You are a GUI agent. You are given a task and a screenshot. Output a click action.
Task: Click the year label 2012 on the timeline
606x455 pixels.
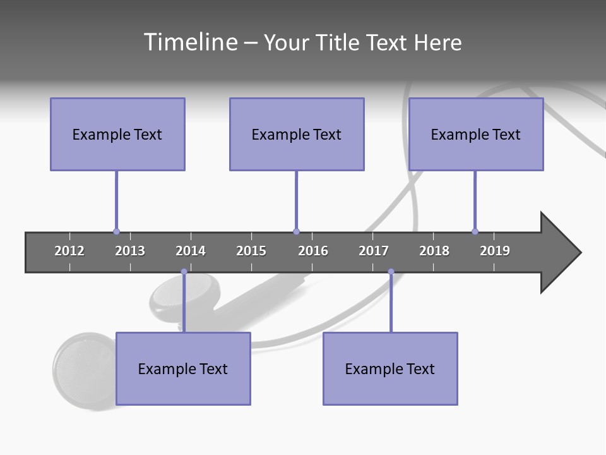pos(69,251)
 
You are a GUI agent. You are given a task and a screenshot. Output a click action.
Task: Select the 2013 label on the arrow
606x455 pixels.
pos(130,251)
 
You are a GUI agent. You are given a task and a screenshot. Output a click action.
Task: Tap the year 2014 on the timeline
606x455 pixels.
pos(191,251)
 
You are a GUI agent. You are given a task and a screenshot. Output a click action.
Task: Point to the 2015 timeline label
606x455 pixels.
pos(251,251)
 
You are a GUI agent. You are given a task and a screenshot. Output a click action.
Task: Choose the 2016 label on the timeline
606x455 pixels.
pos(313,251)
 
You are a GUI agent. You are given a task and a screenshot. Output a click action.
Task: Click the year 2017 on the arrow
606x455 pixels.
pos(374,251)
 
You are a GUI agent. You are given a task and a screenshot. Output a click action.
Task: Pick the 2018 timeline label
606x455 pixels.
pos(434,251)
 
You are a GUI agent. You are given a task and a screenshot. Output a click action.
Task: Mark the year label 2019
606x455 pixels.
pos(495,251)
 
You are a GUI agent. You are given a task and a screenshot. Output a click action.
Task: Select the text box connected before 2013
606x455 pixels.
pos(117,134)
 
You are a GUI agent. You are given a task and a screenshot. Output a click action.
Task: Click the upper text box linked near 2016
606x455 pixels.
pos(297,134)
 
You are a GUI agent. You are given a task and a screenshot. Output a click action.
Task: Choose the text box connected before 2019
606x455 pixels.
pos(476,134)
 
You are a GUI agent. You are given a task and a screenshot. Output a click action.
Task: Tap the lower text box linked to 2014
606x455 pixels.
pos(183,368)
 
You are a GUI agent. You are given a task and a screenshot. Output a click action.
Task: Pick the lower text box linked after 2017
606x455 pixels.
pos(390,368)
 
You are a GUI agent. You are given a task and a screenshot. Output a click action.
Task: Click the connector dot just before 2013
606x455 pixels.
pos(116,231)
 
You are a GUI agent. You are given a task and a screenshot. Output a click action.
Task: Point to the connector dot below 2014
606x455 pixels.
pos(184,272)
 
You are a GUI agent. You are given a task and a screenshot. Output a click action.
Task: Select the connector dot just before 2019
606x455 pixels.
pos(475,231)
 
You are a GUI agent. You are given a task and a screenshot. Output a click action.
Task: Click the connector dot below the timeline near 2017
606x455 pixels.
pos(391,272)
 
